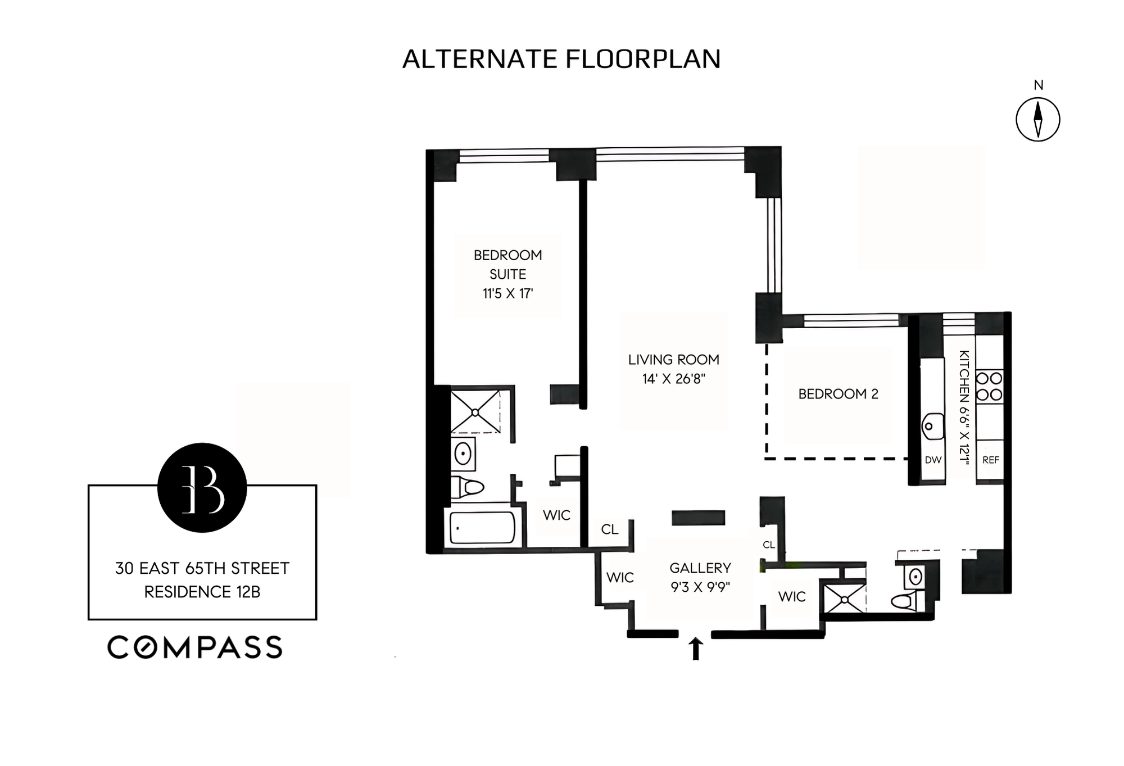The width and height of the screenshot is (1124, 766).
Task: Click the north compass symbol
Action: [1037, 119]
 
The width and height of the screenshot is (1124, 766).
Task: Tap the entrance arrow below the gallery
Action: [696, 649]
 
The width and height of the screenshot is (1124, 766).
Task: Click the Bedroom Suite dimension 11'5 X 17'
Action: [507, 293]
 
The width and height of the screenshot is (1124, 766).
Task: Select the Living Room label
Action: [673, 360]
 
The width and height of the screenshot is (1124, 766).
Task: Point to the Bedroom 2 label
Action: [838, 394]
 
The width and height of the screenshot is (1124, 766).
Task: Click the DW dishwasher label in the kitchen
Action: [933, 460]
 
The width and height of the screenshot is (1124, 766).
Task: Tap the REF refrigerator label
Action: [990, 460]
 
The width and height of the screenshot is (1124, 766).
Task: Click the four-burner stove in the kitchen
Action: [989, 386]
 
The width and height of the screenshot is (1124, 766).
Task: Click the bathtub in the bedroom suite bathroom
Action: [482, 528]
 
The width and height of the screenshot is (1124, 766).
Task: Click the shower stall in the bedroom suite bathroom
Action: [475, 412]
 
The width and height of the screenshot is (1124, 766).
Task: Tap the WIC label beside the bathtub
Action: [556, 515]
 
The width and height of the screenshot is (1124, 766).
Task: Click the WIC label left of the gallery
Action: [620, 578]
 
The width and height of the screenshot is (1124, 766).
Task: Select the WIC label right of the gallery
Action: [792, 597]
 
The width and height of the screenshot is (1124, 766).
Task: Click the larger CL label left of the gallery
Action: [609, 529]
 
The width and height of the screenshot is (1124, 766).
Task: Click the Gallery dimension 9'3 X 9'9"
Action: [700, 587]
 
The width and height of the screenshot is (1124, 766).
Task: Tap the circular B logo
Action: [202, 487]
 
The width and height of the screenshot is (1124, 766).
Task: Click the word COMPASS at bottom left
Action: [194, 647]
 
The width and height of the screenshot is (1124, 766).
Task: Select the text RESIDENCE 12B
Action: [202, 592]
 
